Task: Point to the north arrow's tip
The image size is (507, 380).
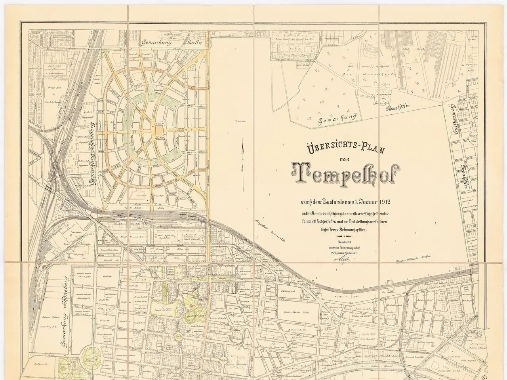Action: (242, 145)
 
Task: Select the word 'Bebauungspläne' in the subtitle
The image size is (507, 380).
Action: (354, 228)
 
